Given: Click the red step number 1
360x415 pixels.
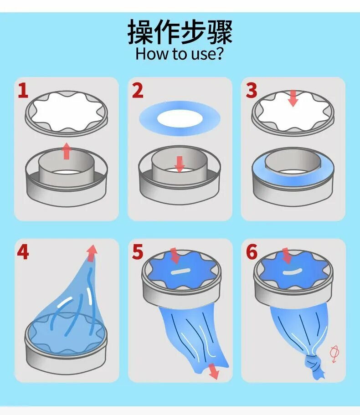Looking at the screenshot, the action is tap(23, 91).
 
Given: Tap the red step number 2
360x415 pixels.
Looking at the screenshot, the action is tap(138, 91).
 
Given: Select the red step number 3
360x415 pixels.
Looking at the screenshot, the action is tap(252, 91).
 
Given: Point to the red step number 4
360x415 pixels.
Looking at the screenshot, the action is tap(23, 252).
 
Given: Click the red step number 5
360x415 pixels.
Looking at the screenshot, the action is tap(138, 252).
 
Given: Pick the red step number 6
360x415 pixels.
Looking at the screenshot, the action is tap(252, 252).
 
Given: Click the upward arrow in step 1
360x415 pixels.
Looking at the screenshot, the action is tap(67, 151).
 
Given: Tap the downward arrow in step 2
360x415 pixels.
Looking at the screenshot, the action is tap(180, 164).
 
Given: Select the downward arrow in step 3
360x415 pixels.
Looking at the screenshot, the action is tap(293, 98).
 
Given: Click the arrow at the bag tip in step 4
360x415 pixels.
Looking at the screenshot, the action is tap(92, 253).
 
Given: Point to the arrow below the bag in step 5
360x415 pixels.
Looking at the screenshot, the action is tap(214, 371).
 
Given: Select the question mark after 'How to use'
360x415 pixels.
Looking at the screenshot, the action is tap(219, 53).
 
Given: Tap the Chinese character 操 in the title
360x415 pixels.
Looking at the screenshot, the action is tap(140, 32).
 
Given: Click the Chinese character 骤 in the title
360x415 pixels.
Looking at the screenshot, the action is tap(220, 32).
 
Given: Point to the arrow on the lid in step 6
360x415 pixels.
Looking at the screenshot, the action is tap(286, 256).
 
